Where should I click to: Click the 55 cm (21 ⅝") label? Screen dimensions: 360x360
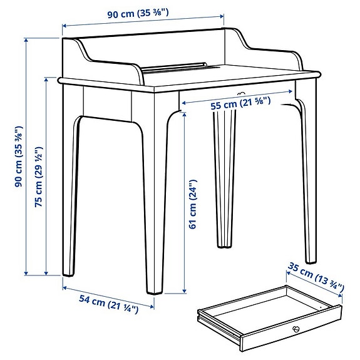(x=240, y=105)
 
